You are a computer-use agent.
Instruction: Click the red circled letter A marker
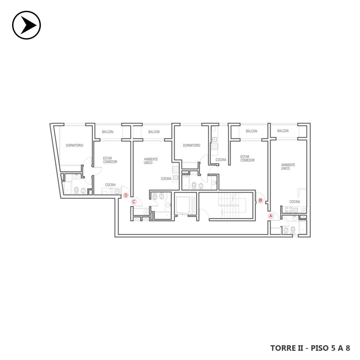[271, 216]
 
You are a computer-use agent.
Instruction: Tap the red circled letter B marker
[261, 200]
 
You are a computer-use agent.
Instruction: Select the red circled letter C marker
[134, 202]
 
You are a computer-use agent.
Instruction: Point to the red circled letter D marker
[126, 195]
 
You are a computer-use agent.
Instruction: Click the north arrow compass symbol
[27, 25]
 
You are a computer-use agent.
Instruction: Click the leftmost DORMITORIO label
[74, 145]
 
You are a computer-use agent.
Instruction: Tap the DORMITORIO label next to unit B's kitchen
[191, 145]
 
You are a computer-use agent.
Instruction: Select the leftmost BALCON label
[108, 132]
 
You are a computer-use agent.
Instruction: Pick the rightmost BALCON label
[283, 131]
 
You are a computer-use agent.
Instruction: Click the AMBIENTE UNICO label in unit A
[288, 167]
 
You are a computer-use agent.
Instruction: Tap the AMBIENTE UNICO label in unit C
[151, 161]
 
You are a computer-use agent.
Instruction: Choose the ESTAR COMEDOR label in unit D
[110, 160]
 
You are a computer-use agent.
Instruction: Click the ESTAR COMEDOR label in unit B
[247, 159]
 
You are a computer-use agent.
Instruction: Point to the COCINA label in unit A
[295, 202]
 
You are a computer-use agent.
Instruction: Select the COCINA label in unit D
[110, 185]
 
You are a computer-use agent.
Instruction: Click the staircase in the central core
[232, 205]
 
